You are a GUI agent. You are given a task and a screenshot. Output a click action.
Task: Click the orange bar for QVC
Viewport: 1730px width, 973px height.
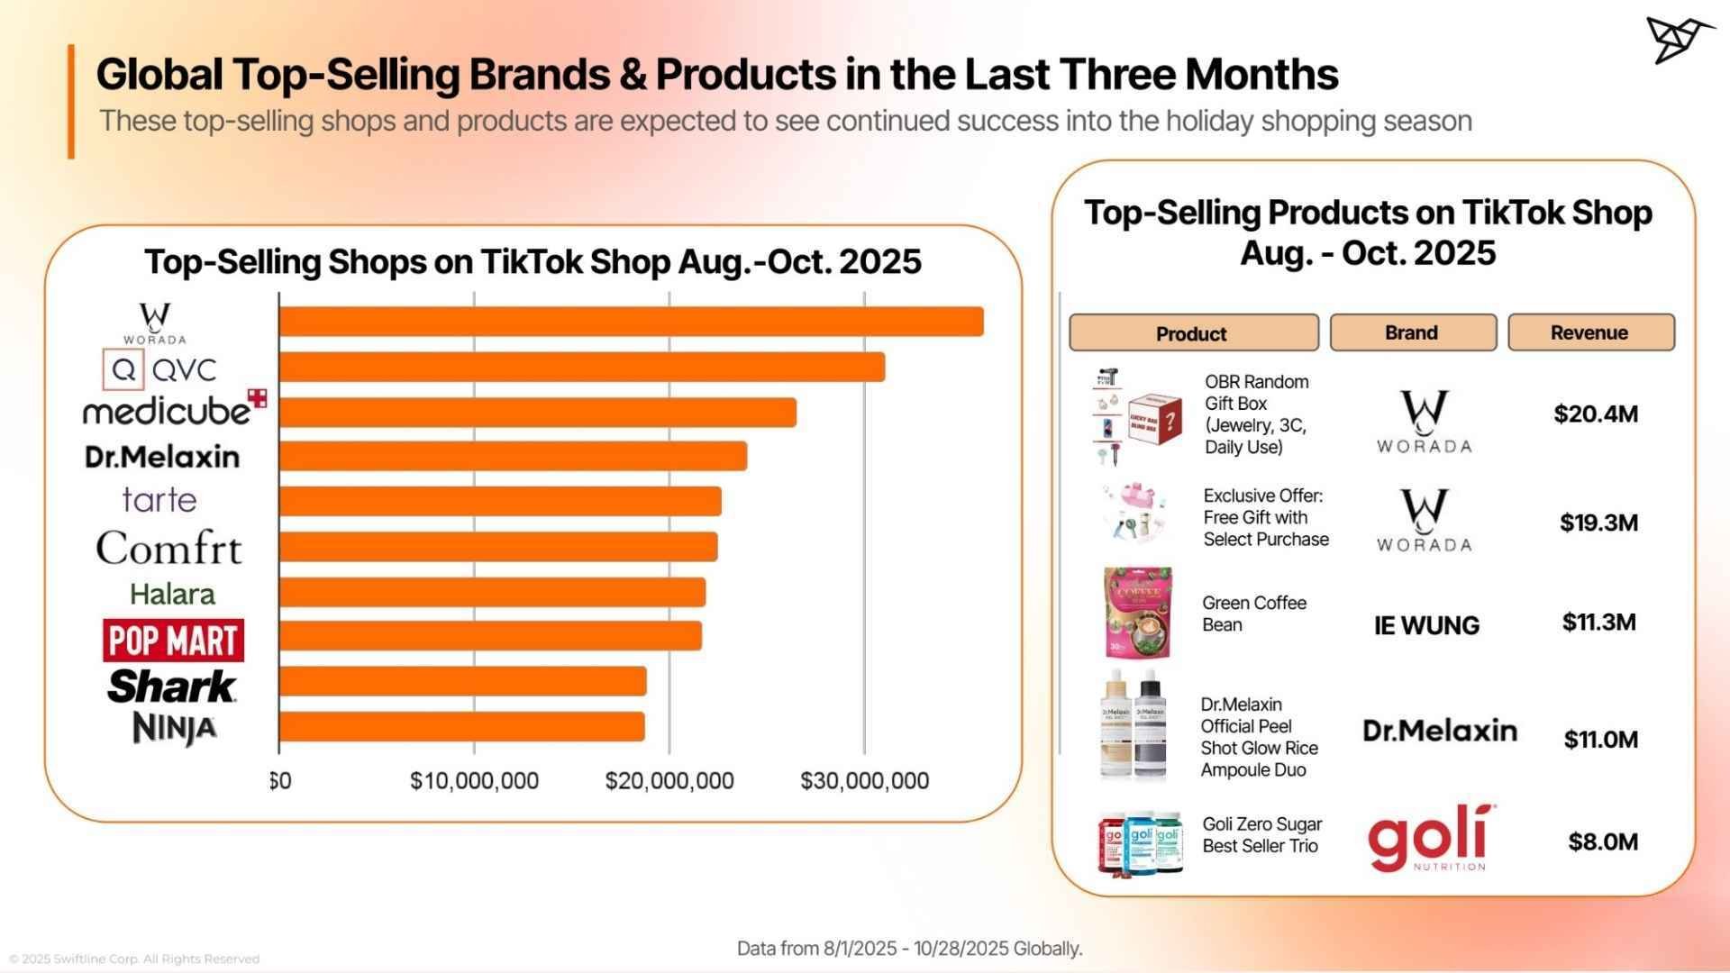click(581, 367)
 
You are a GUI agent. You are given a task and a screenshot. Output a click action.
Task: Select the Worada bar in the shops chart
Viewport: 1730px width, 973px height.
click(631, 322)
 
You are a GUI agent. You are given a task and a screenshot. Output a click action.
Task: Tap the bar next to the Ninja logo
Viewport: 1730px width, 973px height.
click(461, 726)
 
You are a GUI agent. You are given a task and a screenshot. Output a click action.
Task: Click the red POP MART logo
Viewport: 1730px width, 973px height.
click(173, 641)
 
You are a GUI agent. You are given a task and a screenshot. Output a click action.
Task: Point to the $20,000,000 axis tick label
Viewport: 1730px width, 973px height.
click(669, 780)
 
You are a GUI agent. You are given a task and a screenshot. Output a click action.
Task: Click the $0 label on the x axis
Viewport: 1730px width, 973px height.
click(280, 780)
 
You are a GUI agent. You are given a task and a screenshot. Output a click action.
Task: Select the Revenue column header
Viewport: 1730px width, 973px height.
click(1590, 332)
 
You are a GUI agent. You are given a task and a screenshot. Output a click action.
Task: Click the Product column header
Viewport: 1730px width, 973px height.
click(1192, 333)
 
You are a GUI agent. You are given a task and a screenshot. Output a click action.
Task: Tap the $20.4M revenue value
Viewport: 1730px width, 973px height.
click(1595, 414)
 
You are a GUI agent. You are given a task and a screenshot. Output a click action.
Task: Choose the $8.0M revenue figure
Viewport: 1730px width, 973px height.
click(1602, 841)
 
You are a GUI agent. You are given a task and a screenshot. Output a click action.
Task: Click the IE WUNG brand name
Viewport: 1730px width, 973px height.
click(1426, 625)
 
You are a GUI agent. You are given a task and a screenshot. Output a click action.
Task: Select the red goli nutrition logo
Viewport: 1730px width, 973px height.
click(1427, 839)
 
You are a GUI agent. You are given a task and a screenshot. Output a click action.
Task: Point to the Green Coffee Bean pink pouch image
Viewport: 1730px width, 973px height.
click(1137, 613)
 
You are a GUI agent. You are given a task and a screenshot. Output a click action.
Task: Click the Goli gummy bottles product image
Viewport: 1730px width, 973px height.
click(1139, 843)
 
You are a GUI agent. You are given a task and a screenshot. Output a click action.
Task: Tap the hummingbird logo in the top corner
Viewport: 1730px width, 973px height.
click(1679, 40)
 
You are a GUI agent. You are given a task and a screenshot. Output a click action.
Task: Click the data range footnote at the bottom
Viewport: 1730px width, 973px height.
click(909, 949)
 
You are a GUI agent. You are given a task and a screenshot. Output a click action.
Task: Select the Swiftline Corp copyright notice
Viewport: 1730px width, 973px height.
click(134, 959)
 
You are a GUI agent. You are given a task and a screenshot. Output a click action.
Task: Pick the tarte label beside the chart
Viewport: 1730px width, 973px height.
click(159, 500)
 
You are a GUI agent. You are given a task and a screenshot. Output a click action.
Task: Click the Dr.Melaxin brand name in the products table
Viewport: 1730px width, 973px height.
click(1439, 731)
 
